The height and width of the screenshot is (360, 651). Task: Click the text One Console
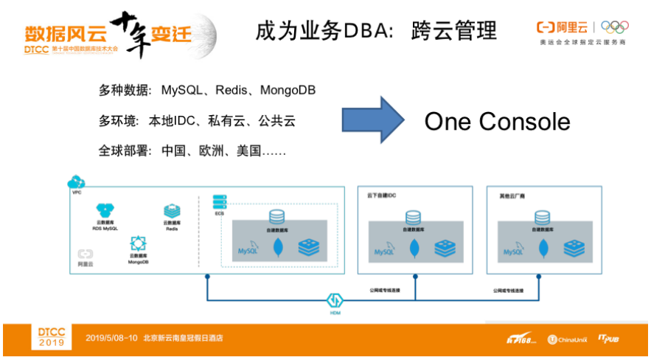(x=497, y=121)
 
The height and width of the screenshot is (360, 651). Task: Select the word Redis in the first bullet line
(x=231, y=91)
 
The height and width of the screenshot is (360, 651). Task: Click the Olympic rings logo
(x=614, y=27)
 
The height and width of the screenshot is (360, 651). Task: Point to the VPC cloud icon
(x=76, y=181)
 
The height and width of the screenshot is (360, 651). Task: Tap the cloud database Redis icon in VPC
(x=172, y=211)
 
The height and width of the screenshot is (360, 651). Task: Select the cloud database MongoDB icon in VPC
(x=137, y=243)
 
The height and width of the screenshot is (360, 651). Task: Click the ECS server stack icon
(x=219, y=201)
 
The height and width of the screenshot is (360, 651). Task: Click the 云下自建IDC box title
(x=380, y=197)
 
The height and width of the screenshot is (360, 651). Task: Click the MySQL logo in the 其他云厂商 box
(x=512, y=251)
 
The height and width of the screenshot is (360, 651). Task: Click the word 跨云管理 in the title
(x=453, y=31)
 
